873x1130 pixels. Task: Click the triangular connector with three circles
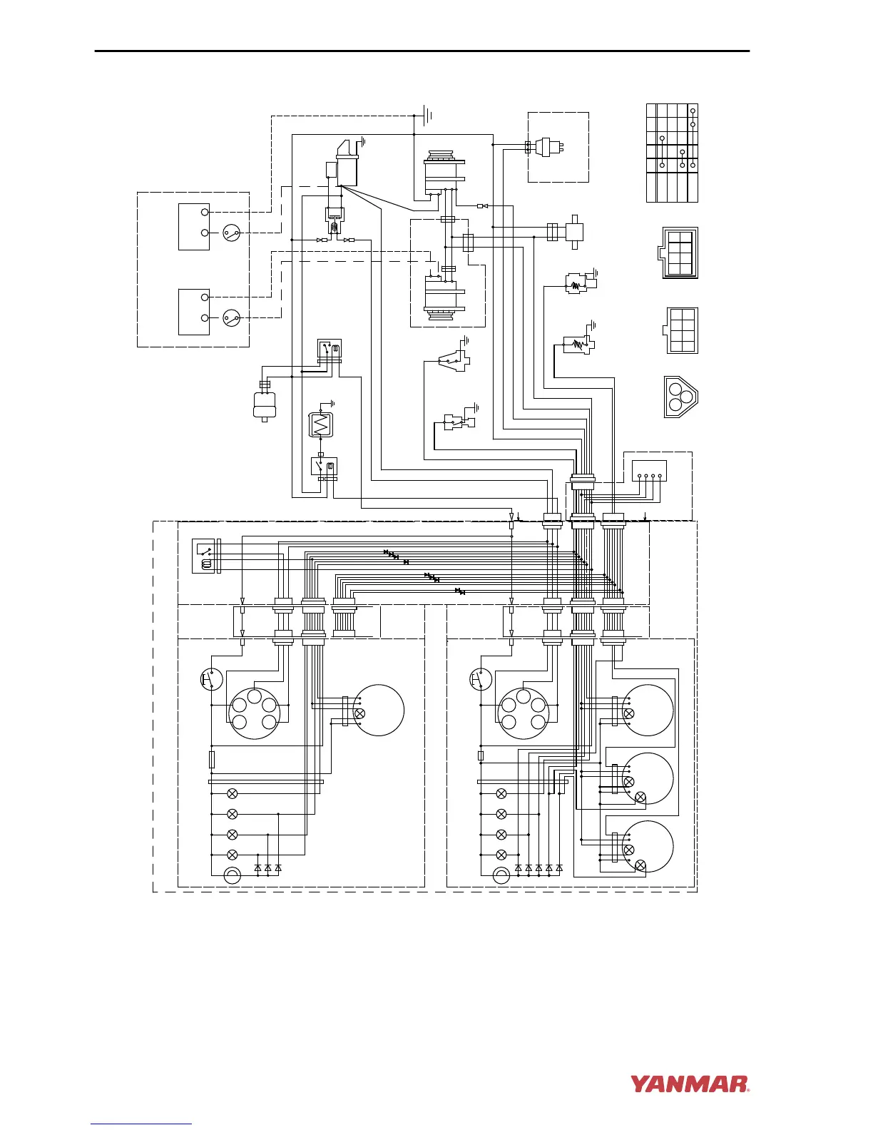(x=680, y=397)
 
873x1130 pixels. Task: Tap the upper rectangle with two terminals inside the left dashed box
(x=194, y=226)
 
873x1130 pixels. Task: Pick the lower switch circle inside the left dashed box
(x=230, y=317)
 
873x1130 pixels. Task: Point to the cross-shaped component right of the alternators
(x=574, y=231)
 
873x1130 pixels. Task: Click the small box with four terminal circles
(x=650, y=471)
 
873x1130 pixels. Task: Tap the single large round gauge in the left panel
(x=379, y=710)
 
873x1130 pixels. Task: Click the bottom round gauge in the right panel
(x=648, y=847)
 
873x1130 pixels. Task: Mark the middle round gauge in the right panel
(x=648, y=778)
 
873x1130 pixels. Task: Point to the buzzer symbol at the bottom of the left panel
(x=233, y=875)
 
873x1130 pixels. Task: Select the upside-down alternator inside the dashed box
(x=444, y=297)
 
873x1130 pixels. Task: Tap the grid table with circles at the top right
(x=672, y=153)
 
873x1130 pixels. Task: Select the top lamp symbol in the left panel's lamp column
(x=232, y=793)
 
